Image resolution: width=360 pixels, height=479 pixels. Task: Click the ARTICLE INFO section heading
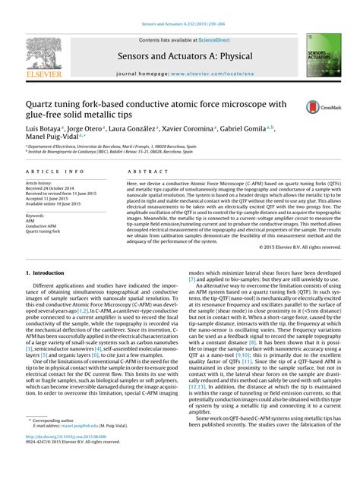tap(54, 172)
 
